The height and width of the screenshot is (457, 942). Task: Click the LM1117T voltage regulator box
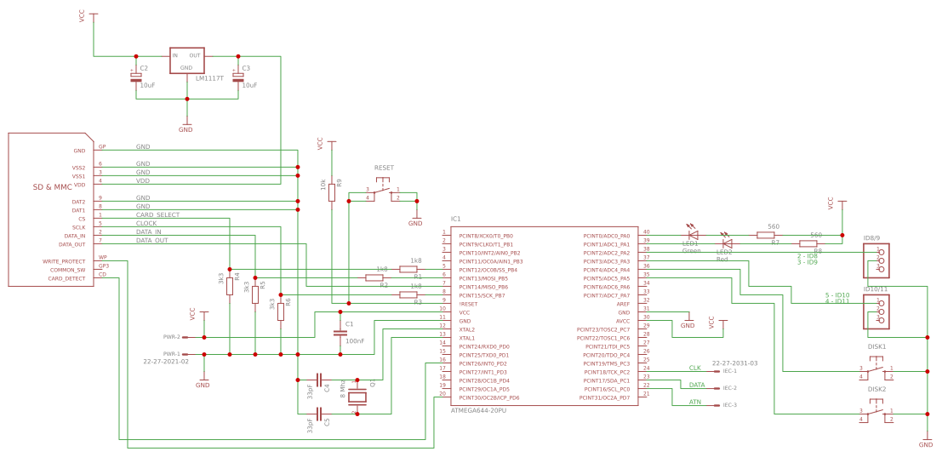point(186,60)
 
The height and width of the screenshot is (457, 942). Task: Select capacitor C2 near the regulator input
point(135,77)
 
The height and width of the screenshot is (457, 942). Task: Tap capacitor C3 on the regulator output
point(237,77)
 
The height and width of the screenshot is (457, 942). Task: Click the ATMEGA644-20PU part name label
point(477,410)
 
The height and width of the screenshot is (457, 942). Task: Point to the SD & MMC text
point(53,186)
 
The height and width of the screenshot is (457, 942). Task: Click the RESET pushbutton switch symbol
point(383,192)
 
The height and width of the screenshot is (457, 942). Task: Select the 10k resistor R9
point(332,192)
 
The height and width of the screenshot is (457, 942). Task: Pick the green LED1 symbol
point(693,234)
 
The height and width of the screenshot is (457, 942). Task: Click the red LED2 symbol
point(726,243)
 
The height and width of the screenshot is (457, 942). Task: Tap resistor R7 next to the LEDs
point(765,235)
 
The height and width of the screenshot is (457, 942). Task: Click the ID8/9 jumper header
point(876,260)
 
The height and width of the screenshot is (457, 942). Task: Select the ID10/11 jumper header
point(876,311)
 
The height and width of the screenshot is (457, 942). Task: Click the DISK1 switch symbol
point(876,371)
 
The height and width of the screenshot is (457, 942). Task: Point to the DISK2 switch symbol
point(876,414)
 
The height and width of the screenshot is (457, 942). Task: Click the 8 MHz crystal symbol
point(357,396)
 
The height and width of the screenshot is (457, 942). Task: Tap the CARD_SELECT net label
point(157,215)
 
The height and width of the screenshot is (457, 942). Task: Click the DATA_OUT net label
point(151,241)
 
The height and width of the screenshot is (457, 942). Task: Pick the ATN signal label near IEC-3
point(695,402)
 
